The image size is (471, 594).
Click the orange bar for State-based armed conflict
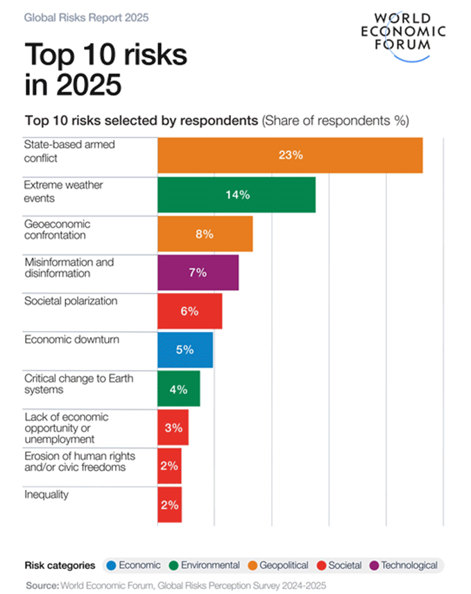pos(290,155)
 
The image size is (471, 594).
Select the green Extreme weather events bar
pos(237,194)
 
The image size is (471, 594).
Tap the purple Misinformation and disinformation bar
pos(198,273)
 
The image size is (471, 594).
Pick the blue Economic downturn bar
pos(185,350)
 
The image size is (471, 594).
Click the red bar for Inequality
pos(169,504)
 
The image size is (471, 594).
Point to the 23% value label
pos(291,155)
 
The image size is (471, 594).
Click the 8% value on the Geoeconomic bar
pos(204,234)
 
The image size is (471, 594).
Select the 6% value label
pos(189,312)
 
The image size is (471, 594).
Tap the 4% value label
pos(178,389)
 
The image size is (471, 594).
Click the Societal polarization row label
pos(71,301)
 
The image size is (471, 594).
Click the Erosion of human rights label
pos(80,461)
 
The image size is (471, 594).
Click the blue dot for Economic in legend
pos(111,565)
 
